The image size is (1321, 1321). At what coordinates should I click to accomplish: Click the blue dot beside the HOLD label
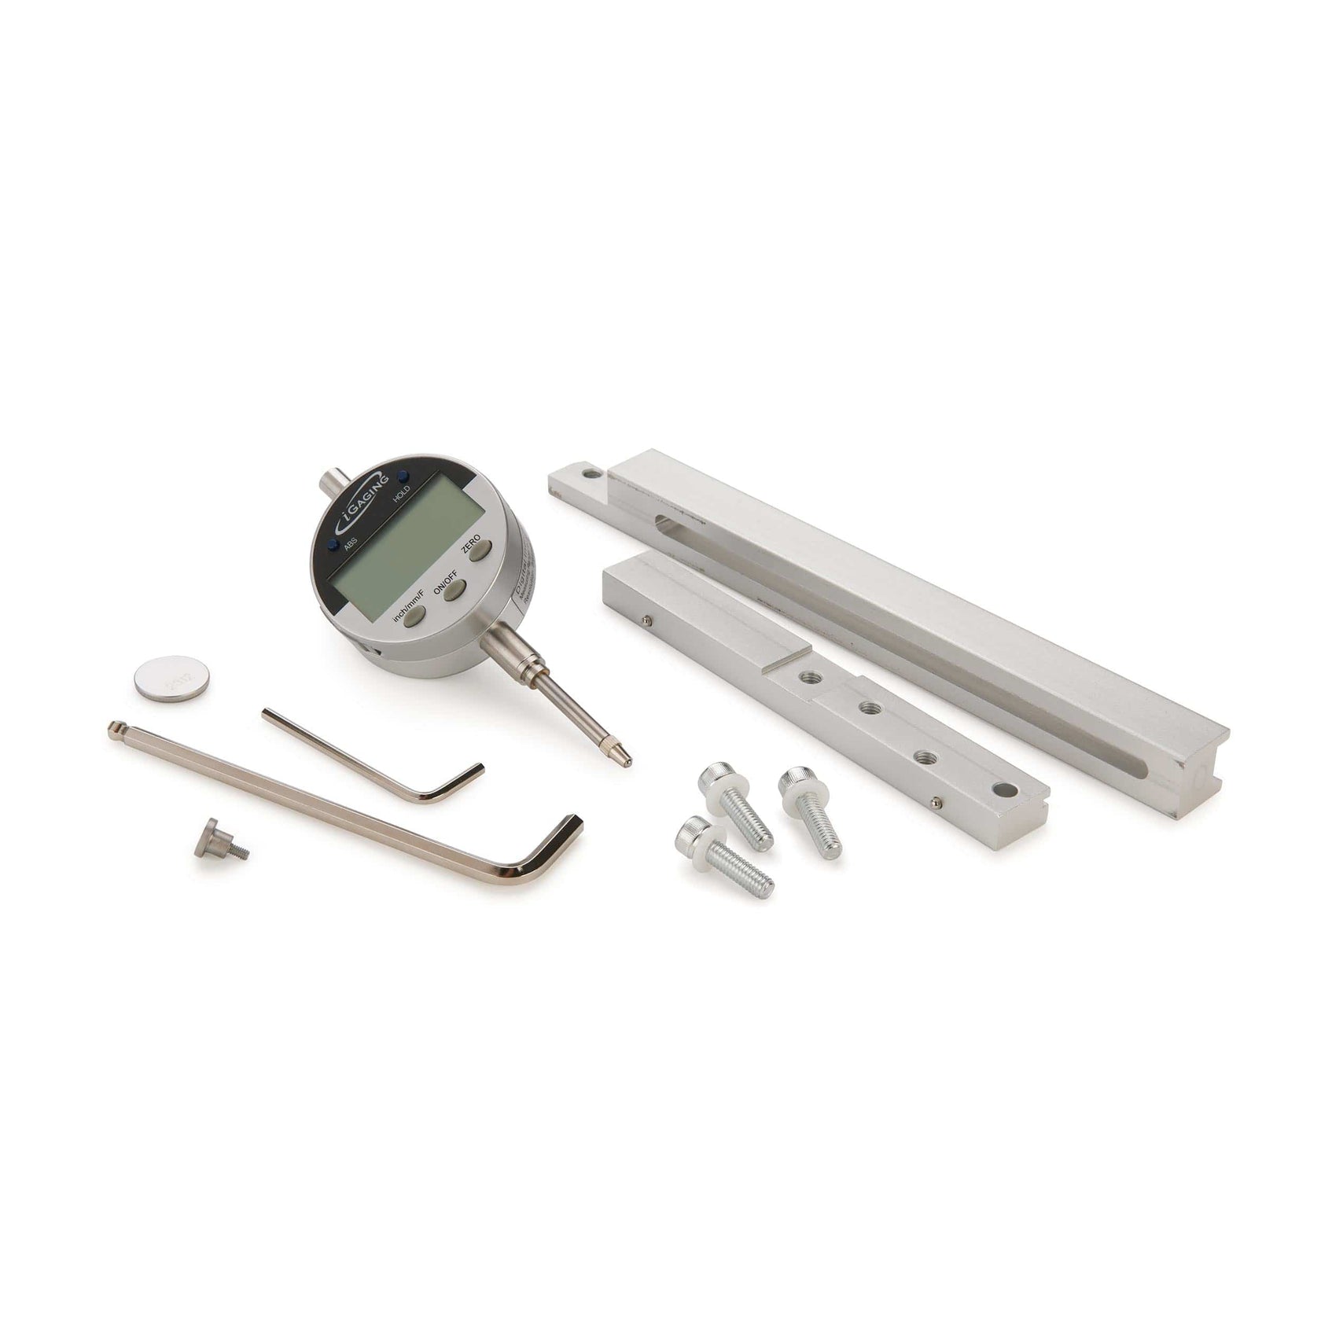(x=403, y=476)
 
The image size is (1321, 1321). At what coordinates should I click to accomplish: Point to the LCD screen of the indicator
(x=408, y=543)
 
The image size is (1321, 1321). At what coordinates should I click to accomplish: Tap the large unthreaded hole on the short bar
(x=1003, y=789)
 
